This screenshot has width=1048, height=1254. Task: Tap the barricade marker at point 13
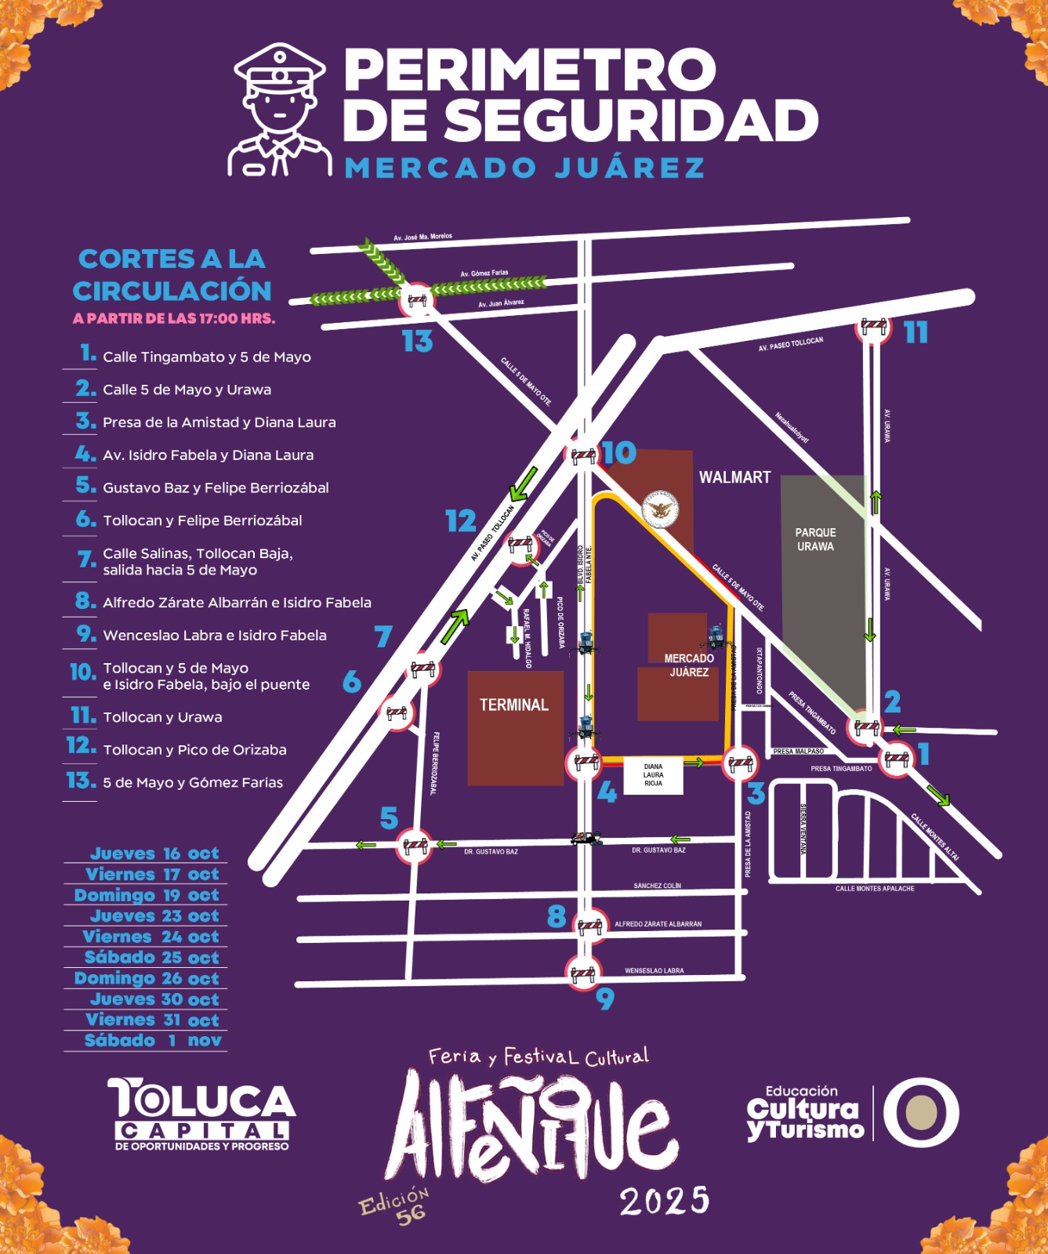point(417,300)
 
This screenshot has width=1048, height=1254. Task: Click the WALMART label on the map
point(734,477)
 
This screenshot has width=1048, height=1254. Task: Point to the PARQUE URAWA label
point(815,539)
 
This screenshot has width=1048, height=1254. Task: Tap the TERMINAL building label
point(514,705)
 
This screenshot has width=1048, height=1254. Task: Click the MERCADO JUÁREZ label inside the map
point(689,665)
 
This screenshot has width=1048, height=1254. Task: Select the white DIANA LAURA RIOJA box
point(653,775)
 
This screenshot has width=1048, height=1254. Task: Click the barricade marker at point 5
point(415,846)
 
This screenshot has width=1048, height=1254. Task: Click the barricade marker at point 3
point(740,763)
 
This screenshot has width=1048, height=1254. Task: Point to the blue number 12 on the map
point(461,521)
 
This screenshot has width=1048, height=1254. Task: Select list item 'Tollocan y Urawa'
point(162,717)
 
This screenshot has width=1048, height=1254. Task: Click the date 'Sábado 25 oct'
point(151,958)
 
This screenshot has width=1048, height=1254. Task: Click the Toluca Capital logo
point(201,1114)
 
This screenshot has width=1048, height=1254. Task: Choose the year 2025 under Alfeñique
point(664,1201)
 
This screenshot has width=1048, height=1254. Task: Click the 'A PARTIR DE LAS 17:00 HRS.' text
point(174,319)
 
